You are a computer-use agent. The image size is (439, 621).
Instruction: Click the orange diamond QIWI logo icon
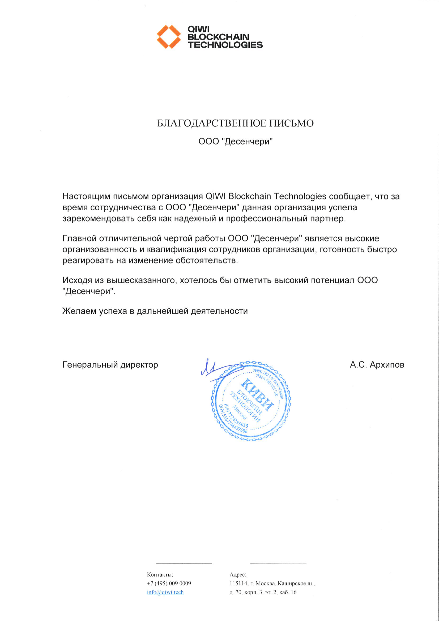click(x=169, y=37)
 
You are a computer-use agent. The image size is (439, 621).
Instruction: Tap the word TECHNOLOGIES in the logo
click(x=225, y=45)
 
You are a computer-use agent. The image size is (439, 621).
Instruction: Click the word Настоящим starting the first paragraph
click(x=86, y=196)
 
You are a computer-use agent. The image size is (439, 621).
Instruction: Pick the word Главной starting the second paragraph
click(x=79, y=239)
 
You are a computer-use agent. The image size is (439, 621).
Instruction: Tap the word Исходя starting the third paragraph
click(x=77, y=280)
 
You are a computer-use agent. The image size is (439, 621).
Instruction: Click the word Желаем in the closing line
click(x=79, y=311)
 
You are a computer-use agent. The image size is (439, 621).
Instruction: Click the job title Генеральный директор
click(x=110, y=365)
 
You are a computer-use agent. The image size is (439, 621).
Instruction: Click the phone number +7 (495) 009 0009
click(x=169, y=583)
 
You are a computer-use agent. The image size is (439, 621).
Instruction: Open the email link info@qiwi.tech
click(x=165, y=592)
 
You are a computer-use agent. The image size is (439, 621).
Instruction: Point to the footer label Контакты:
click(x=160, y=575)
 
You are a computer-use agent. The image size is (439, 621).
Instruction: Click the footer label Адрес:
click(x=238, y=575)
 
